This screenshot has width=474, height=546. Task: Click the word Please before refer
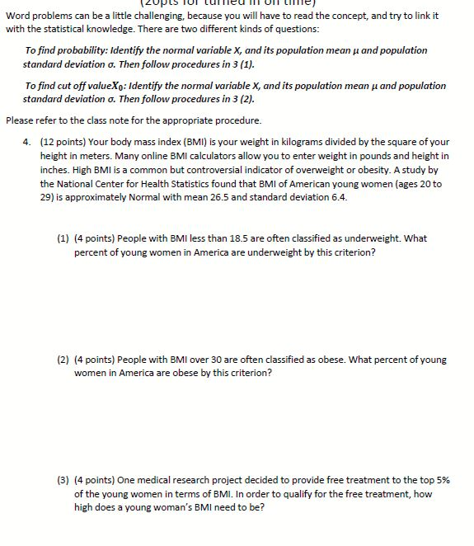(x=19, y=120)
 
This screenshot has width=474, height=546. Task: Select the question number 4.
(x=28, y=142)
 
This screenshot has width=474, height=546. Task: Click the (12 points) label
(x=63, y=142)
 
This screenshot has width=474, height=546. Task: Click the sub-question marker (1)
(x=63, y=238)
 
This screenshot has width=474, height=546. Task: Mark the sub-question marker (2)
(x=63, y=360)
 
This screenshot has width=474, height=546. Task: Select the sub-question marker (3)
(x=63, y=480)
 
